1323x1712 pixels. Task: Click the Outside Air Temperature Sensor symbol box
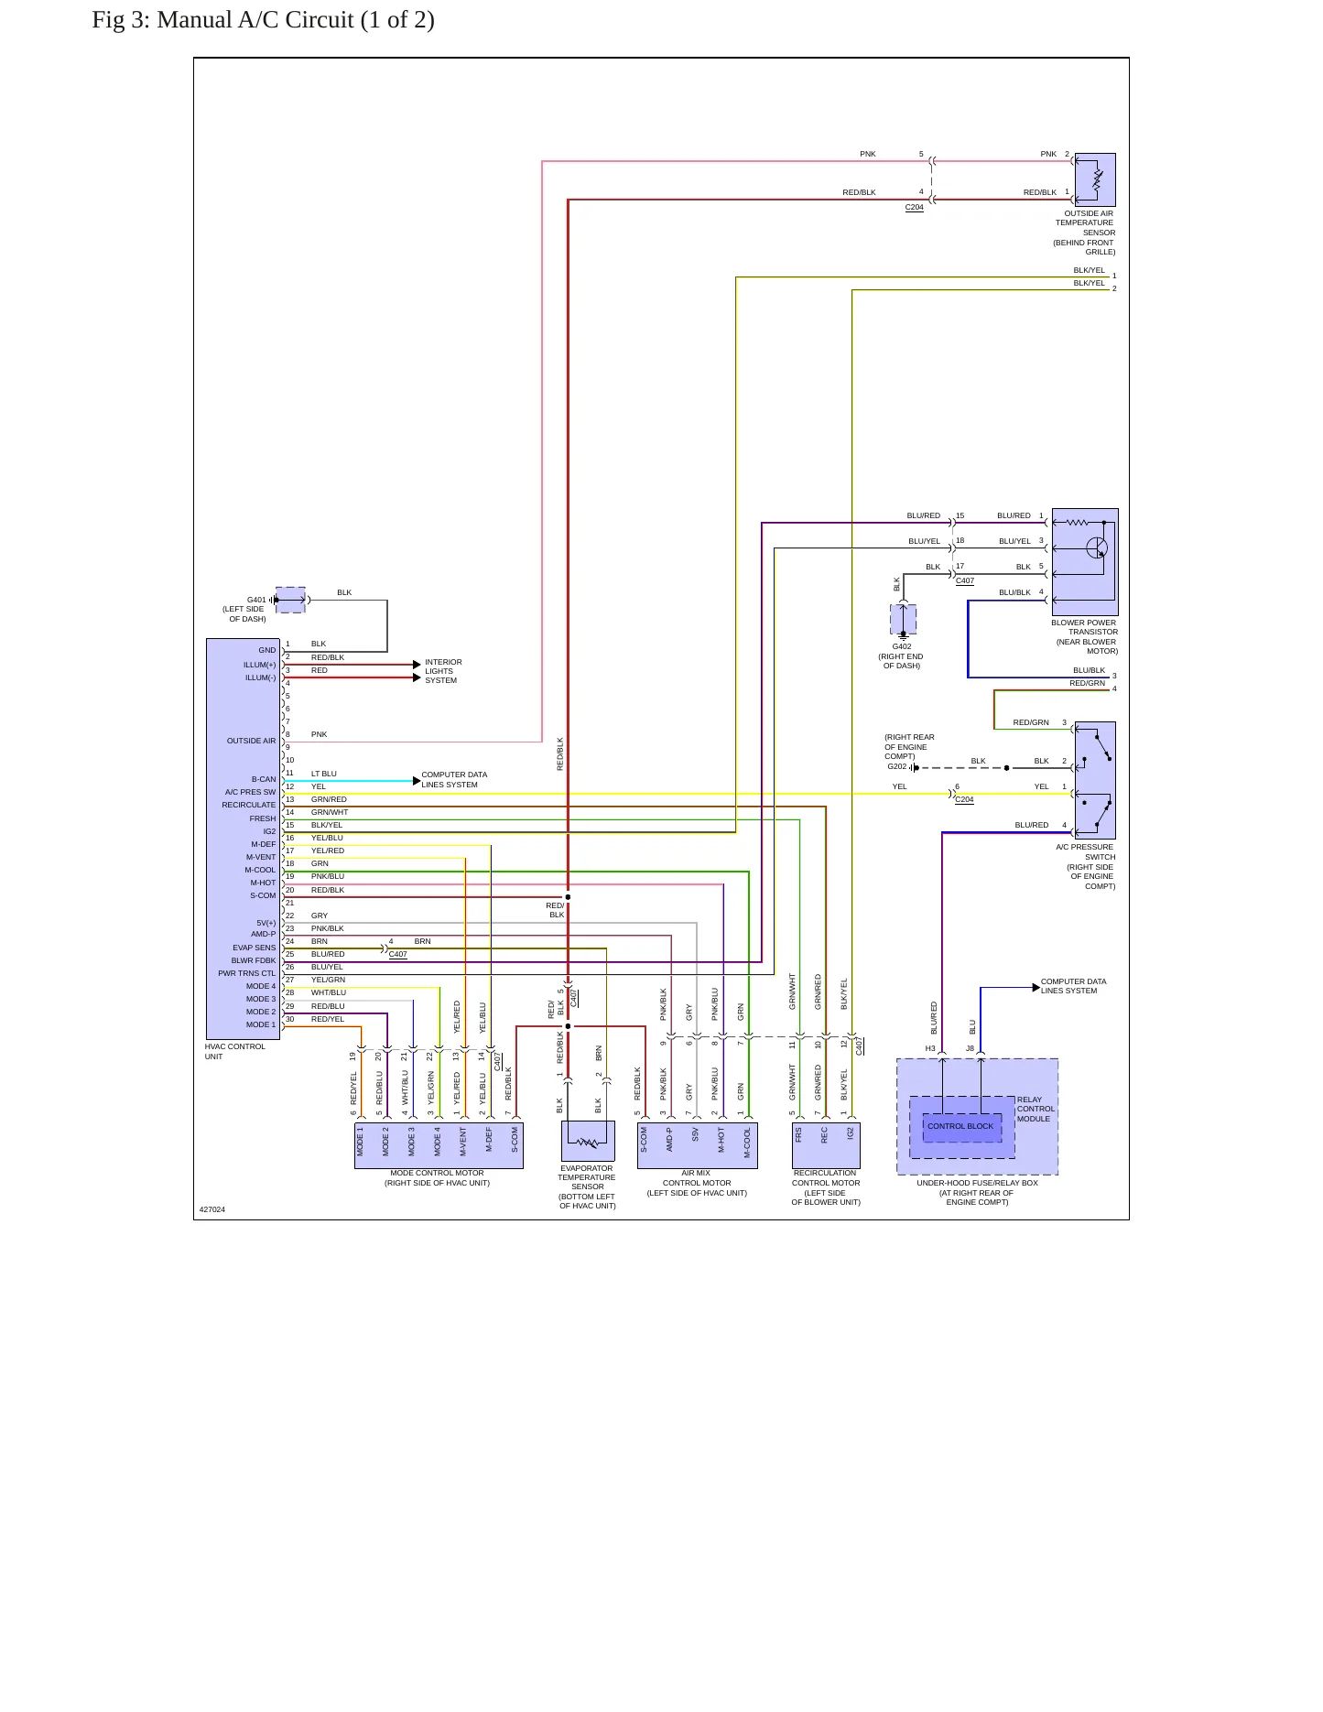pos(1095,179)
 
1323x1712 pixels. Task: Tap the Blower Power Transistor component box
pos(1085,562)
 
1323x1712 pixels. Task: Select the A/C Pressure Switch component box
pos(1095,780)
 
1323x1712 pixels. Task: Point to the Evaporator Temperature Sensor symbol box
pos(588,1142)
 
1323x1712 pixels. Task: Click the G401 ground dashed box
pos(290,601)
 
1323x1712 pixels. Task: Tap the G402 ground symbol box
pos(903,620)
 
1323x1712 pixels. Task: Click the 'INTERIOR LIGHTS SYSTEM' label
pos(443,671)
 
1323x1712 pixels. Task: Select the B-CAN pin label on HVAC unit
pos(264,780)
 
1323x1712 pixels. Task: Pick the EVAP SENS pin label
pos(254,948)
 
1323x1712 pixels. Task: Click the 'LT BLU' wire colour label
pos(324,775)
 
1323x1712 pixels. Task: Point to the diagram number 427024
pos(212,1210)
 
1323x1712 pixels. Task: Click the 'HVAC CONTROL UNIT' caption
pos(234,1052)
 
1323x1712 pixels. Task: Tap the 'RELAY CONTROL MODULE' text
pos(1036,1110)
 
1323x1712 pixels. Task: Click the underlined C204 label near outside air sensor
pos(915,208)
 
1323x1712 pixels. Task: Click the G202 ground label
pos(897,767)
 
